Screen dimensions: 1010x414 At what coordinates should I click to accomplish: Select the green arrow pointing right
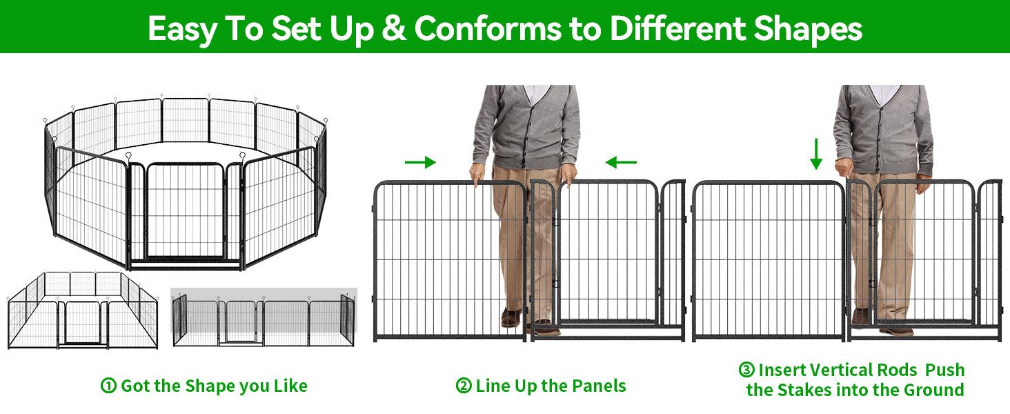click(420, 162)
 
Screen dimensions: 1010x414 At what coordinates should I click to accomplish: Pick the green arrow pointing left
click(621, 162)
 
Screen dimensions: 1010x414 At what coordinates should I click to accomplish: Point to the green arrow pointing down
click(815, 154)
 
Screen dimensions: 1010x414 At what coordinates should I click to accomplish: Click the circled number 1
click(108, 386)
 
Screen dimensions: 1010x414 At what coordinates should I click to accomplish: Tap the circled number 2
click(464, 386)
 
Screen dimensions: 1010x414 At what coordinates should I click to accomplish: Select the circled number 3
click(746, 370)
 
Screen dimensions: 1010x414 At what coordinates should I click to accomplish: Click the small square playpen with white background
click(83, 310)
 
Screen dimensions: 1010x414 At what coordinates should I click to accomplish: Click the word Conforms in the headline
click(488, 28)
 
